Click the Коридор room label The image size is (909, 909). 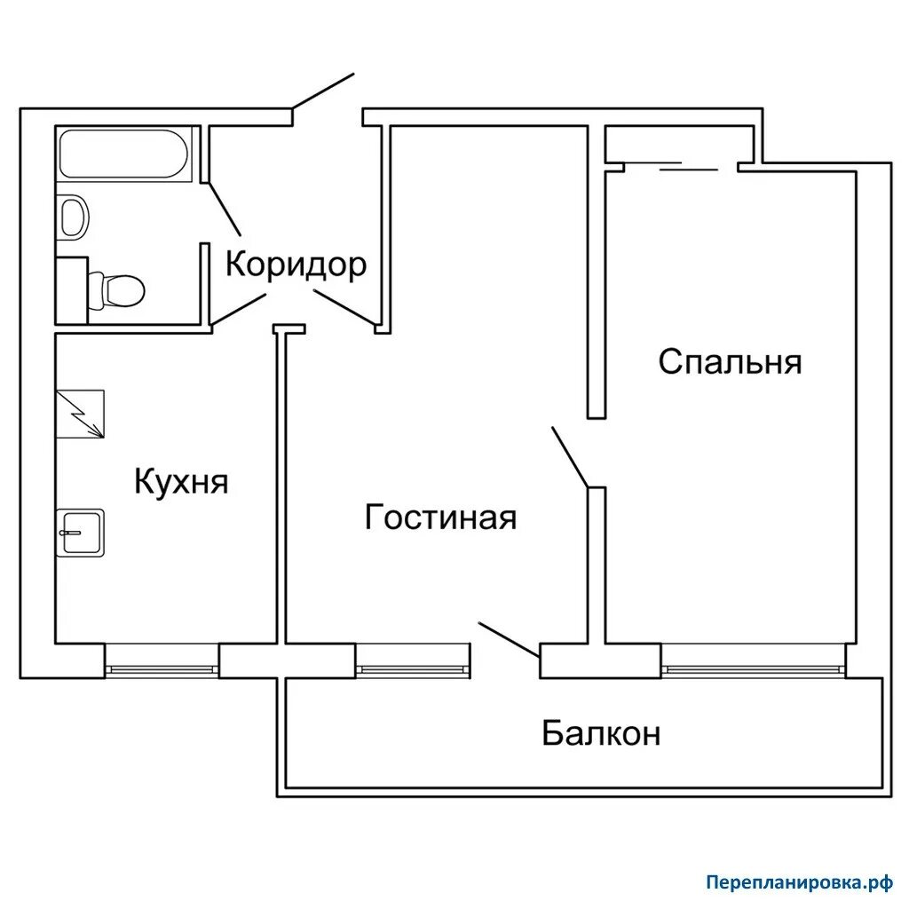click(296, 265)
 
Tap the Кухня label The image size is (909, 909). click(181, 480)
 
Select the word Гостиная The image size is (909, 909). click(440, 518)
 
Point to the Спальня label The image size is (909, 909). click(730, 362)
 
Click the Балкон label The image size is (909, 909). click(601, 732)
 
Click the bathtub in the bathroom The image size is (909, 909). click(123, 154)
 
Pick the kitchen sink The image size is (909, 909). click(81, 533)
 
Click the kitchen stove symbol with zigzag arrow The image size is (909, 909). click(80, 414)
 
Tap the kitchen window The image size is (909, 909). click(162, 669)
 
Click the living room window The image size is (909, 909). click(413, 669)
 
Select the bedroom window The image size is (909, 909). click(754, 669)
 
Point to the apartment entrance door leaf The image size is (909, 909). click(323, 91)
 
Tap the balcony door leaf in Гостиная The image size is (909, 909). click(510, 640)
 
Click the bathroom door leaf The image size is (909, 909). click(224, 208)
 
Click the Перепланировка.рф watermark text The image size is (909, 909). click(800, 883)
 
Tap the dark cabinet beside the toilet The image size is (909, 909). click(72, 290)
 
